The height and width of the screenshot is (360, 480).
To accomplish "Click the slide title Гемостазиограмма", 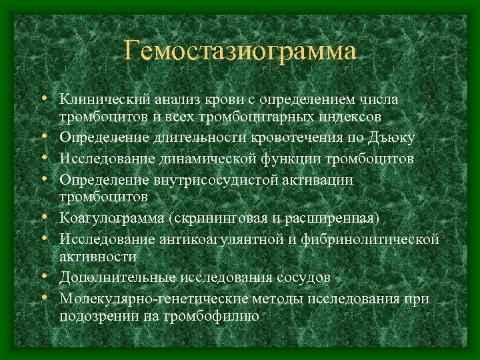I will (240, 51).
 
